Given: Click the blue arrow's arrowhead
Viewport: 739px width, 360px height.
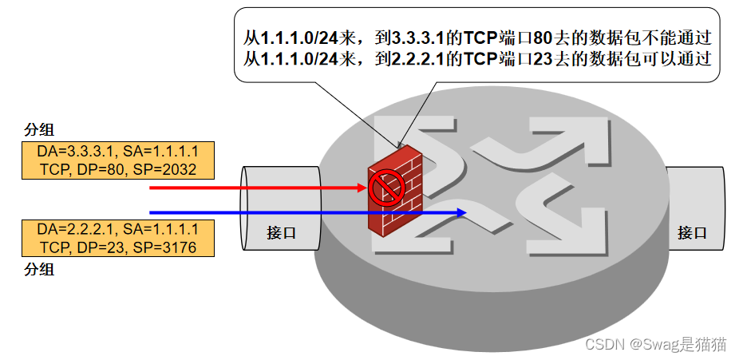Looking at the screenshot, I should point(460,212).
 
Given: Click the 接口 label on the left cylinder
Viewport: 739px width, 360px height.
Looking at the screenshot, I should point(282,233).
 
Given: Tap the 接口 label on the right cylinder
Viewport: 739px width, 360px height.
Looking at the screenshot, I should point(692,233).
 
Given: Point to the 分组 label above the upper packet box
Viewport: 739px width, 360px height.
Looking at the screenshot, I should point(40,130).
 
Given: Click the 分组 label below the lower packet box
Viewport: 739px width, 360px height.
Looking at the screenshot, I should point(40,269).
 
